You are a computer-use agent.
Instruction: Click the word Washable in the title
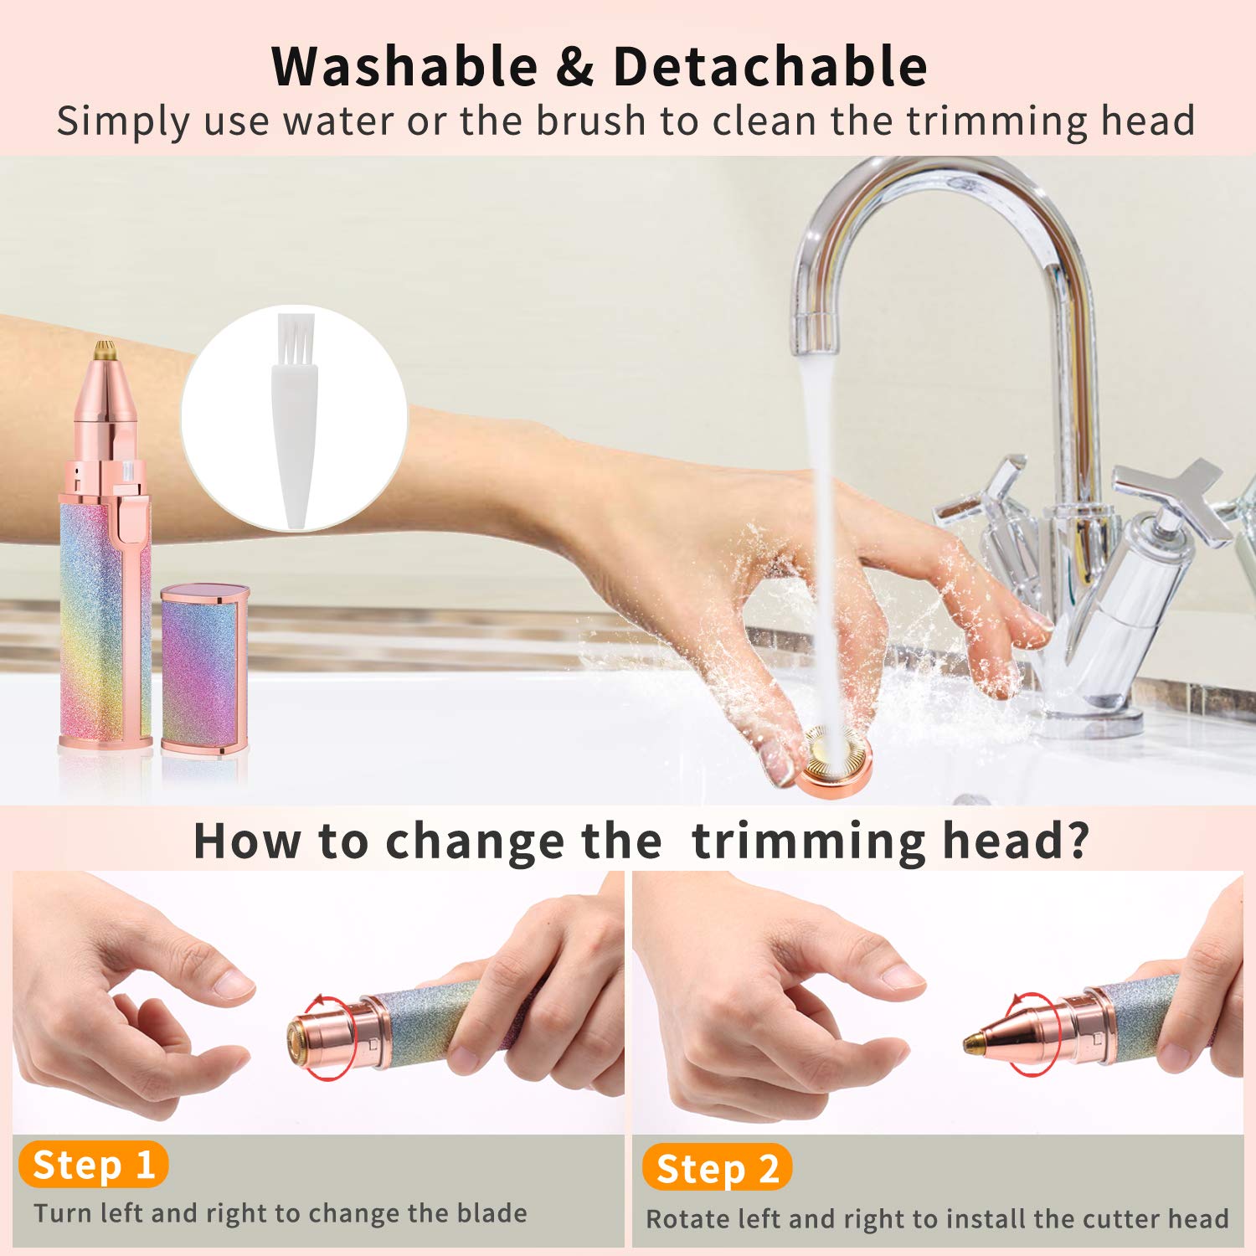pyautogui.click(x=404, y=67)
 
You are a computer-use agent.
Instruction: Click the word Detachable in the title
pyautogui.click(x=770, y=67)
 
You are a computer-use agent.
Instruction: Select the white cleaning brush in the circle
pyautogui.click(x=295, y=419)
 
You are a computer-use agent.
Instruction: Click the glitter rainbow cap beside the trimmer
pyautogui.click(x=205, y=670)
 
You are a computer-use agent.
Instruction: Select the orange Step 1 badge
pyautogui.click(x=93, y=1165)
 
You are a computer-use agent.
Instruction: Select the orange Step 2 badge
pyautogui.click(x=717, y=1169)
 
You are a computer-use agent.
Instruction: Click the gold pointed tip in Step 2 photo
pyautogui.click(x=973, y=1042)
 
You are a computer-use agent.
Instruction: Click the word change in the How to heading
pyautogui.click(x=475, y=841)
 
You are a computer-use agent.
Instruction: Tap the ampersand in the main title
pyautogui.click(x=574, y=67)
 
